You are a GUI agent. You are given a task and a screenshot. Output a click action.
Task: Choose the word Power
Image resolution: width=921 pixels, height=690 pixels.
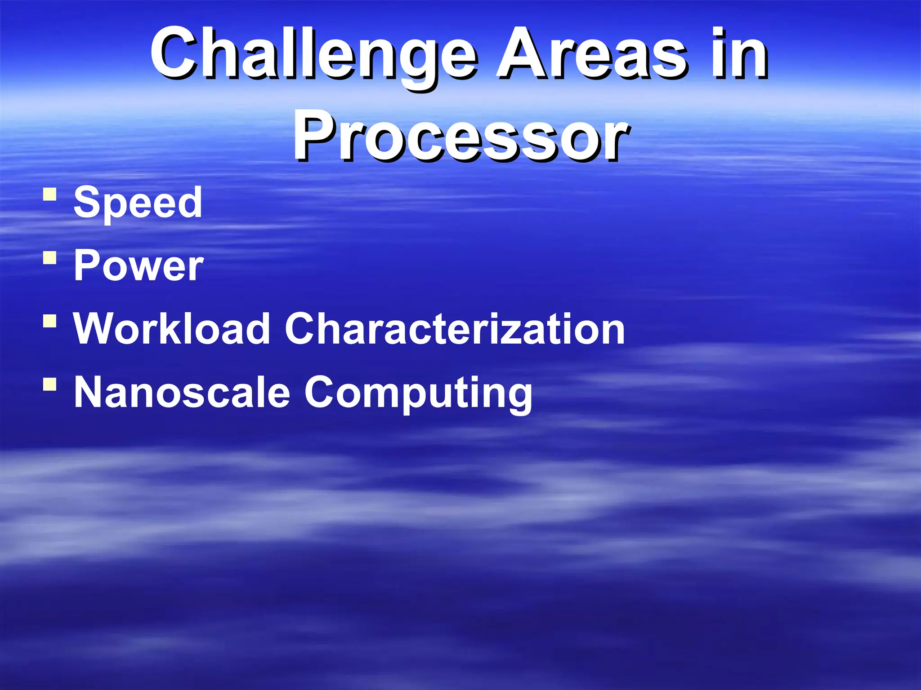click(139, 266)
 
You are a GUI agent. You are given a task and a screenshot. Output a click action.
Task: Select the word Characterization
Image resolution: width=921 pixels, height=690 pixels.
click(454, 329)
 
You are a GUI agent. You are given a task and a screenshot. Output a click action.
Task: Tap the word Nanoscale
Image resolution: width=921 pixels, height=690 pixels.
click(182, 392)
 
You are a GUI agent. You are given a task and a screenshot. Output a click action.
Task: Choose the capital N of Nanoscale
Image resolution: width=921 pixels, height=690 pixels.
click(89, 392)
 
